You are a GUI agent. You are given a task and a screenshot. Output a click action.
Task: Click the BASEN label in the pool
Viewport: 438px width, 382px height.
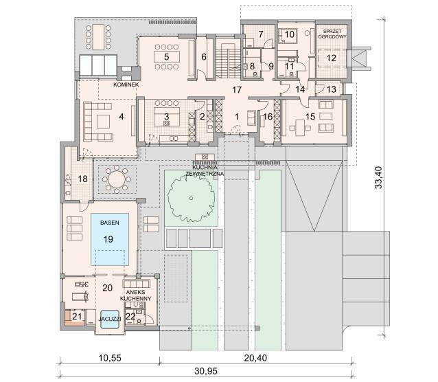coord(110,223)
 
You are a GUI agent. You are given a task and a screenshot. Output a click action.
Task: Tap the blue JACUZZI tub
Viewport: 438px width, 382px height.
coord(110,319)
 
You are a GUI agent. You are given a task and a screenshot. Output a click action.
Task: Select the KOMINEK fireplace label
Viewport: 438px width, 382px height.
coord(126,85)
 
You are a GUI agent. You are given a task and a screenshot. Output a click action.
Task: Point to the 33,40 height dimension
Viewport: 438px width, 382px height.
coord(378,177)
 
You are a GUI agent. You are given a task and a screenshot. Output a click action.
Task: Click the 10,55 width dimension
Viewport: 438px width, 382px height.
coord(110,358)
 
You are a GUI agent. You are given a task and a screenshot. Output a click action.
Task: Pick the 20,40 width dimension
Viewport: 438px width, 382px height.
coord(255,358)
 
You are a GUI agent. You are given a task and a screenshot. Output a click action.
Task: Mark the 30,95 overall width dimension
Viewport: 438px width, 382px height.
coord(206,371)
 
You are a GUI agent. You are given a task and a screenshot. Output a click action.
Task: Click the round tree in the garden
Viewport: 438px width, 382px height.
coord(192,199)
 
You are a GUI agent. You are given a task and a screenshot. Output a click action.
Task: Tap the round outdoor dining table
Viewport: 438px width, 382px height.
coord(117,179)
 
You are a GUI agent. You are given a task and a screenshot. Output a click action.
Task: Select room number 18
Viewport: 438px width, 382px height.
coord(82,179)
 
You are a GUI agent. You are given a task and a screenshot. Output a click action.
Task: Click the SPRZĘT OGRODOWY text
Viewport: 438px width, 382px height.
coord(332,34)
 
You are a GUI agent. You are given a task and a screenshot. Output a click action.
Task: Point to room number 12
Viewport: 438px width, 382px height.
coord(332,58)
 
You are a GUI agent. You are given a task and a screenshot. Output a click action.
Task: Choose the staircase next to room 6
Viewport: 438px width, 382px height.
coord(228,60)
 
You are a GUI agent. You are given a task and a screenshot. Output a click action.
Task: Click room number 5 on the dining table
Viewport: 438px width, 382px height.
coord(167,57)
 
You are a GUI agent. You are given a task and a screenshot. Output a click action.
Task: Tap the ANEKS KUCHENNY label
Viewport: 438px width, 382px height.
coord(135,295)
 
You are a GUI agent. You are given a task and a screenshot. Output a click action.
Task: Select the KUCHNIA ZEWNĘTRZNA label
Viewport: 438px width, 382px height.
coord(205,170)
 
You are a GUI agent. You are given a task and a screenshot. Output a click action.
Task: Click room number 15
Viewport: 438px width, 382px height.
coord(310,117)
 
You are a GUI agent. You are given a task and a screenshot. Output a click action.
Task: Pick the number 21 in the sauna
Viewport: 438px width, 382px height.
coord(77,316)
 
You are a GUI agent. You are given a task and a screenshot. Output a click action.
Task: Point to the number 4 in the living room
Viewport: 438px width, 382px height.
coord(122,116)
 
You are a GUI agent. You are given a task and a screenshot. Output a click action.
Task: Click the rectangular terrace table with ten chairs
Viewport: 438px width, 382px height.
coord(98,37)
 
